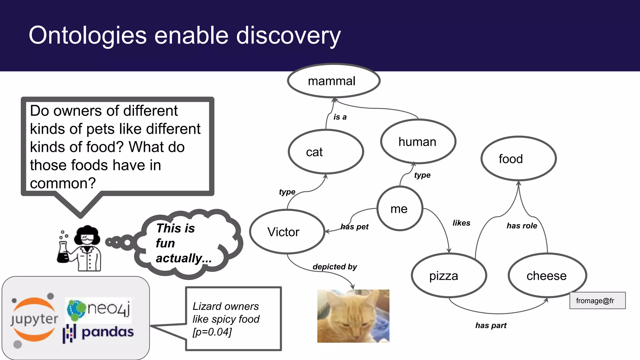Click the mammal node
pyautogui.click(x=333, y=81)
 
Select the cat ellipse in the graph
pyautogui.click(x=326, y=152)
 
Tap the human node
pyautogui.click(x=418, y=142)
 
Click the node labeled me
pyautogui.click(x=399, y=209)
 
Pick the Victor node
pyautogui.click(x=287, y=232)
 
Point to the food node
pyautogui.click(x=518, y=159)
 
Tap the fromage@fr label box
pyautogui.click(x=597, y=301)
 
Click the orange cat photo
pyautogui.click(x=353, y=316)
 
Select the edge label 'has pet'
pyautogui.click(x=354, y=227)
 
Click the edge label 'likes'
pyautogui.click(x=461, y=223)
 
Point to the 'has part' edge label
pyautogui.click(x=491, y=325)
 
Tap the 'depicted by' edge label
pyautogui.click(x=335, y=267)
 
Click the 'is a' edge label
pyautogui.click(x=340, y=117)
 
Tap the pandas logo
pyautogui.click(x=98, y=333)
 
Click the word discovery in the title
pyautogui.click(x=288, y=36)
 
